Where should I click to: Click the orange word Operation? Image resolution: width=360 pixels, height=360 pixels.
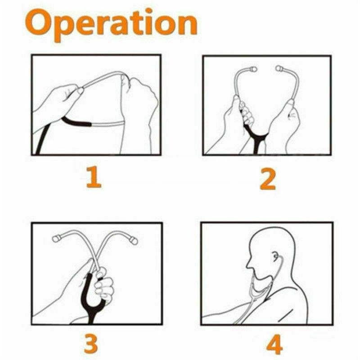tap(111, 23)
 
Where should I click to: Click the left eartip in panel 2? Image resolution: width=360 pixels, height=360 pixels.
tap(252, 70)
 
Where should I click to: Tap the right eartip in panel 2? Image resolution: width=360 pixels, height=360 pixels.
tap(279, 70)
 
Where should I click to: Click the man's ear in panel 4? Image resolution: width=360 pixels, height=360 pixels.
tap(275, 258)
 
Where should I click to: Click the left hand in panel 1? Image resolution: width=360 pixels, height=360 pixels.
tap(56, 103)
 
